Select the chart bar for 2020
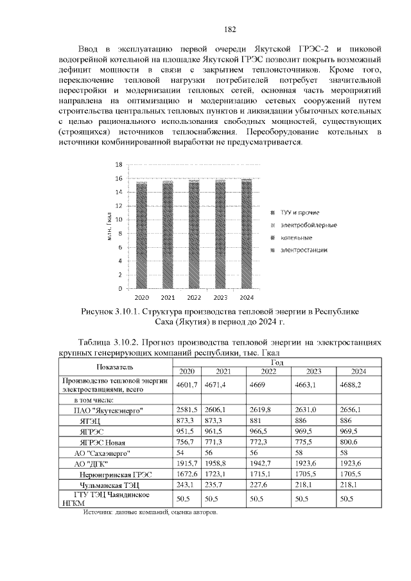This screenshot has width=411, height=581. (141, 238)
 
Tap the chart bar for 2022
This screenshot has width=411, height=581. (193, 238)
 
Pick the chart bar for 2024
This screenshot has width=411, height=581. (246, 238)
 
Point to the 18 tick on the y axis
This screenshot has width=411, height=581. (118, 164)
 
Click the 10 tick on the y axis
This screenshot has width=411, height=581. (118, 220)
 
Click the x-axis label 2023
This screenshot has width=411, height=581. (220, 298)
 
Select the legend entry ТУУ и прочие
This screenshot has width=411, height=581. (300, 212)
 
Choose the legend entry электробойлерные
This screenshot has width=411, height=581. (308, 225)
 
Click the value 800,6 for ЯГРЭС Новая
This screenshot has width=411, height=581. (350, 442)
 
